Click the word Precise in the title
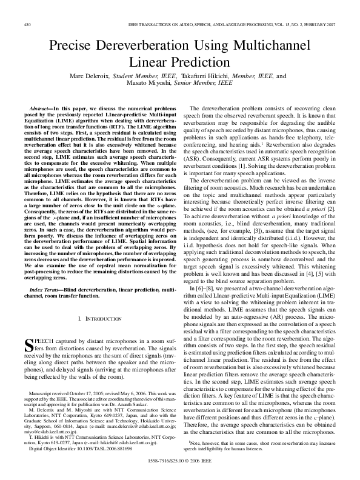click(x=74, y=46)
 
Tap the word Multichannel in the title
click(x=272, y=46)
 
